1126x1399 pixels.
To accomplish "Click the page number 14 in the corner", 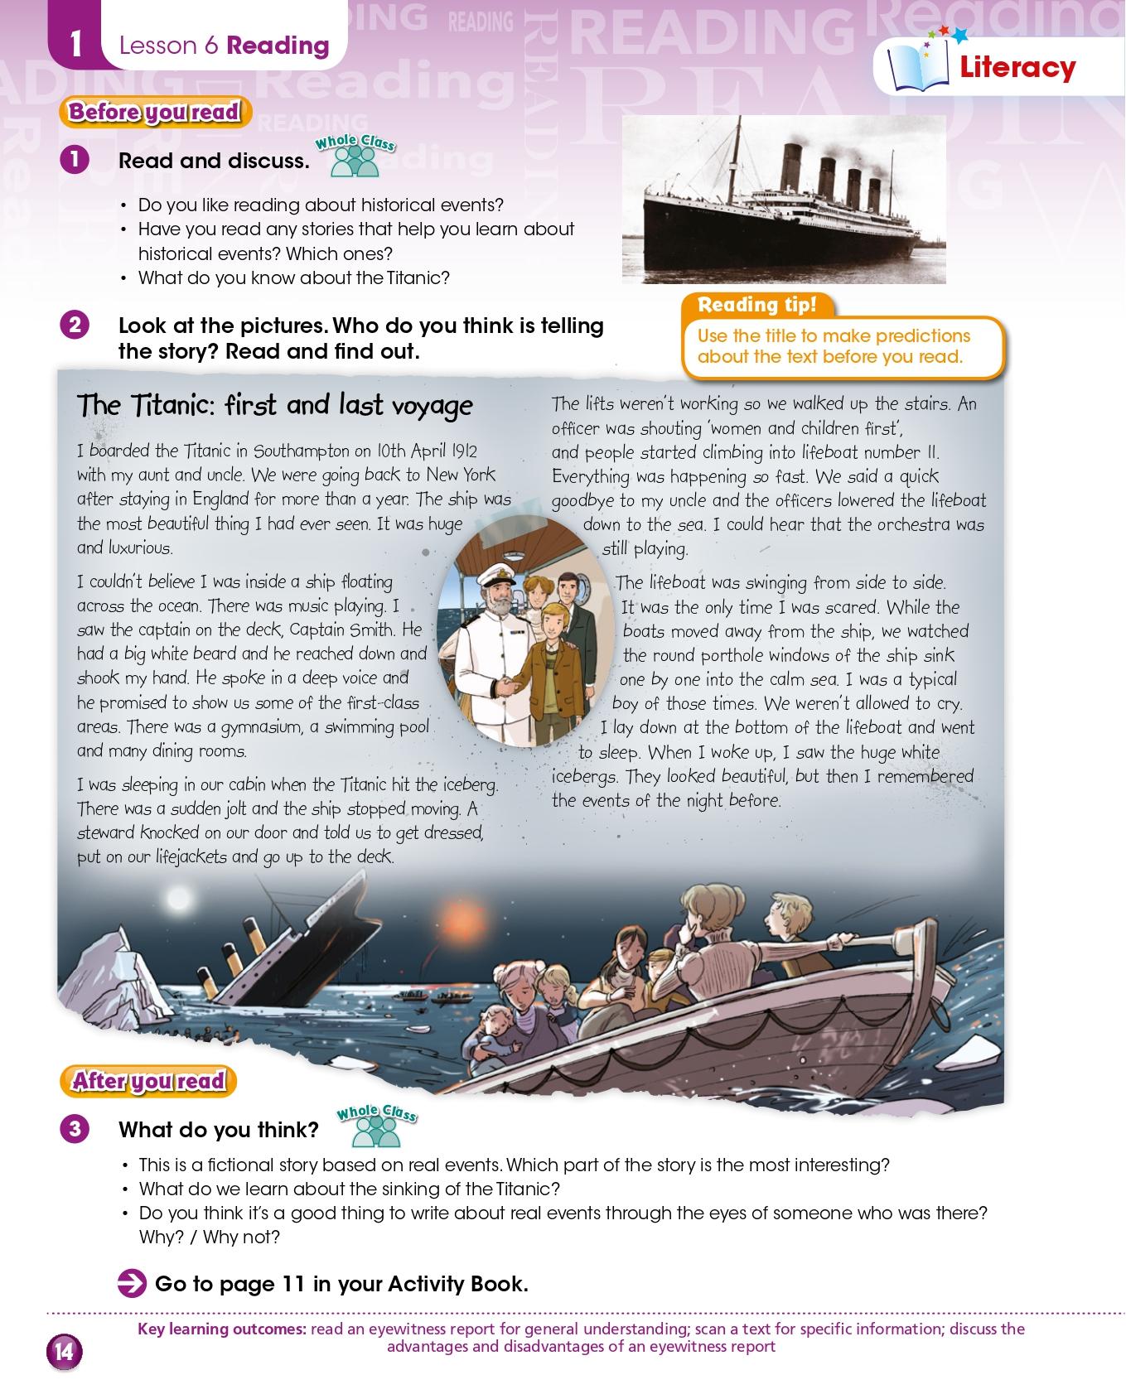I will (64, 1352).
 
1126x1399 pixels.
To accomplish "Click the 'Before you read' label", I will (154, 112).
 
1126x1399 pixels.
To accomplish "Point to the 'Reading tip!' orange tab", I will (756, 305).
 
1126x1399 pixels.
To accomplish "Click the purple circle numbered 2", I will (75, 324).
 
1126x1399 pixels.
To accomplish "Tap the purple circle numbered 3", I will (75, 1128).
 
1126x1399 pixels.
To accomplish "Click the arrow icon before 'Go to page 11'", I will (132, 1284).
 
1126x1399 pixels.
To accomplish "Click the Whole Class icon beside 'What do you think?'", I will (377, 1125).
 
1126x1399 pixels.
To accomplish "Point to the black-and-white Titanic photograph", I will (783, 199).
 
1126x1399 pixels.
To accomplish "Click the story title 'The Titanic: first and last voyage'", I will (274, 405).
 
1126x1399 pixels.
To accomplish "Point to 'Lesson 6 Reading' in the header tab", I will (224, 46).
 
